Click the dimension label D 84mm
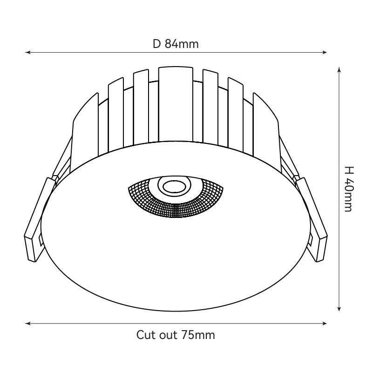click(x=176, y=44)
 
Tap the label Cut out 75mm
click(x=176, y=335)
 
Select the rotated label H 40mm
click(x=348, y=189)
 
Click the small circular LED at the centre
click(x=174, y=187)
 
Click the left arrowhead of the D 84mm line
click(x=27, y=53)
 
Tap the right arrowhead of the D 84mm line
click(x=325, y=53)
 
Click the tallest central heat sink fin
click(x=175, y=102)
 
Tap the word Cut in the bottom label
click(x=144, y=335)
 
